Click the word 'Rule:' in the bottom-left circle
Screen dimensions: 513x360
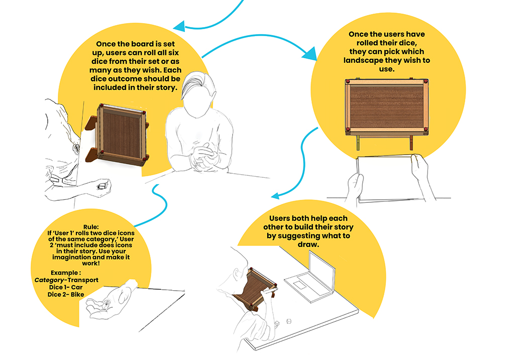91,227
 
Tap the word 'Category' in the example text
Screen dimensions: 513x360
49,280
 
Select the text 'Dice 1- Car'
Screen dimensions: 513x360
66,287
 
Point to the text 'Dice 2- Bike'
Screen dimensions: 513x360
66,295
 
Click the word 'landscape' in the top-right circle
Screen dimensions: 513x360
363,60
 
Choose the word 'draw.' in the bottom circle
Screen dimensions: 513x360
308,245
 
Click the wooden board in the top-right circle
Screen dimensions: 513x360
387,107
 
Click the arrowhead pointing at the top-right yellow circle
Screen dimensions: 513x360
310,54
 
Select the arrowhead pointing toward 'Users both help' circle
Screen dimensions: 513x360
275,196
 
